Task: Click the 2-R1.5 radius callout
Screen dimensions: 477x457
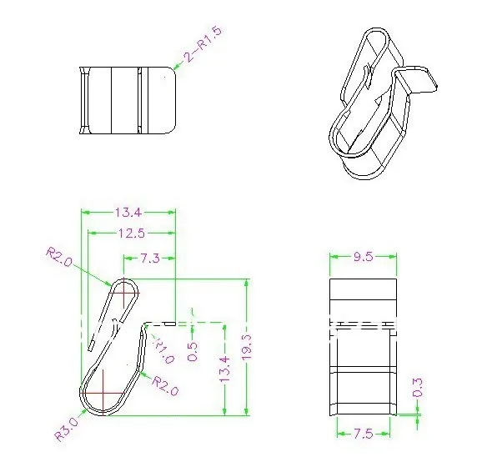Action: (x=203, y=44)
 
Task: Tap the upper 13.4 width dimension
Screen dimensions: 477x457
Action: (x=128, y=213)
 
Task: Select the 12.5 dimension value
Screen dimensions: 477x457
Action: (x=132, y=234)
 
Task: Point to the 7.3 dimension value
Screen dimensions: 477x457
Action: (x=149, y=259)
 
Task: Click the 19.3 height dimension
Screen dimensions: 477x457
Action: (x=247, y=347)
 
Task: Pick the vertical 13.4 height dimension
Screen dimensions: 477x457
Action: (x=224, y=369)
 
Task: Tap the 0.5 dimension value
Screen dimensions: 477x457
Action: (x=192, y=351)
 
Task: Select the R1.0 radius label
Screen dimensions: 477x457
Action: (x=163, y=350)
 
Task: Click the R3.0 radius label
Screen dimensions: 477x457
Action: (x=67, y=429)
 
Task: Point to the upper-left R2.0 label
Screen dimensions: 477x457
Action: (x=59, y=257)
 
